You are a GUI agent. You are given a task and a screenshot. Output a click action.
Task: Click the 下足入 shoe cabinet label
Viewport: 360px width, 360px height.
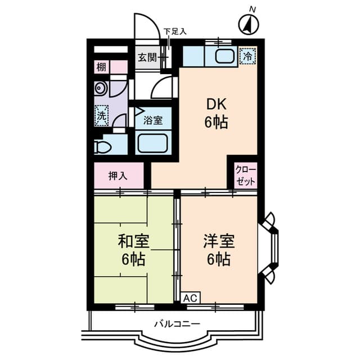174,31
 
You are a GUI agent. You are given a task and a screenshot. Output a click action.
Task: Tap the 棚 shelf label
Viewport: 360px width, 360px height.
101,67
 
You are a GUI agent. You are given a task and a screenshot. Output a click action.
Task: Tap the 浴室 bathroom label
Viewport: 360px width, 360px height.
153,120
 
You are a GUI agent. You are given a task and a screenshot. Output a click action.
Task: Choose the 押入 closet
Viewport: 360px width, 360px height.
118,175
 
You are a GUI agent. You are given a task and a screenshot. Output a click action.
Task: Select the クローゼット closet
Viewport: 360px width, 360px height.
246,175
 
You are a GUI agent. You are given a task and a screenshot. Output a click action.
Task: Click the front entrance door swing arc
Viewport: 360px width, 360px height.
144,25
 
